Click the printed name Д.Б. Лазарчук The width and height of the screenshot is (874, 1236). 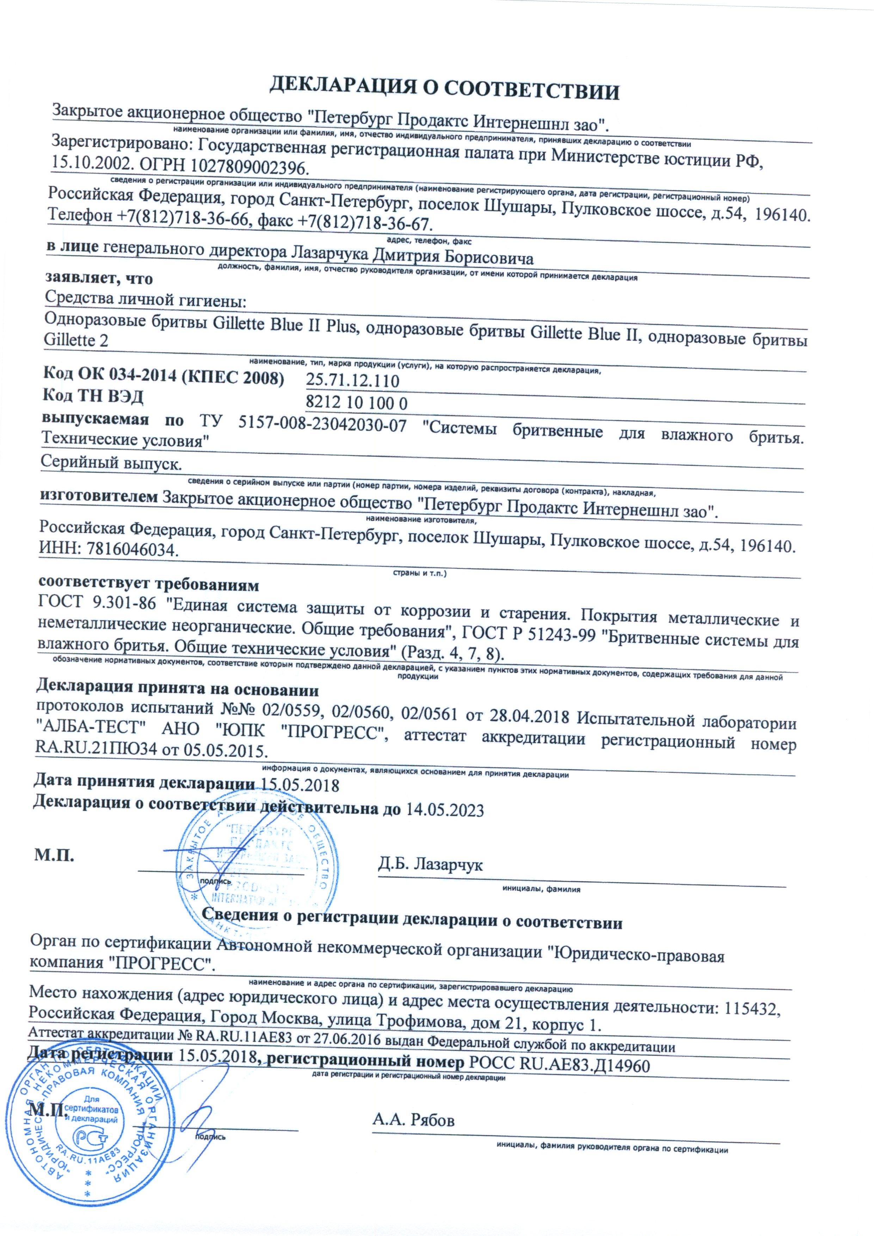[x=430, y=865]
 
